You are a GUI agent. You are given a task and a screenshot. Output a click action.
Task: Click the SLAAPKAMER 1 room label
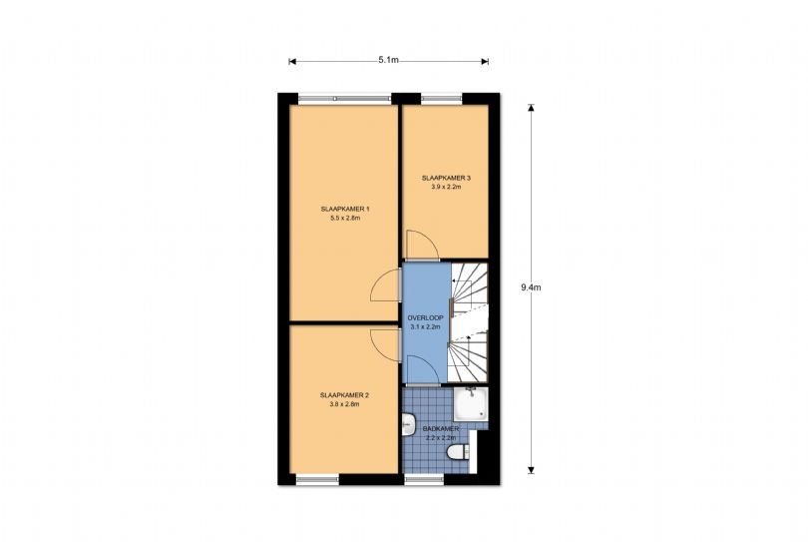pyautogui.click(x=345, y=210)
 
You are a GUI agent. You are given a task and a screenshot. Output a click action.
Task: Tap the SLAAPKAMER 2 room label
pyautogui.click(x=344, y=395)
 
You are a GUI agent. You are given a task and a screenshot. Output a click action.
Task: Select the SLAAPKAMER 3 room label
pyautogui.click(x=446, y=178)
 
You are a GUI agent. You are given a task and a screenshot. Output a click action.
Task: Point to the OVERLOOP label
pyautogui.click(x=425, y=317)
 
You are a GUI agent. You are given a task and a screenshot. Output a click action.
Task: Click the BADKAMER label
pyautogui.click(x=441, y=428)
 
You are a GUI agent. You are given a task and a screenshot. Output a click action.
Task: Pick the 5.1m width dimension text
pyautogui.click(x=389, y=60)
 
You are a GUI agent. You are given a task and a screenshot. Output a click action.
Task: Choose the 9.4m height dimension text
pyautogui.click(x=531, y=287)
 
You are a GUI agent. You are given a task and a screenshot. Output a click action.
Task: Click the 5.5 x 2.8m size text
pyautogui.click(x=345, y=219)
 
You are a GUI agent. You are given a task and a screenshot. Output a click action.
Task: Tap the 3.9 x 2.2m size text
pyautogui.click(x=446, y=187)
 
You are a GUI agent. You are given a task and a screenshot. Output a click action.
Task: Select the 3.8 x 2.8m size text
pyautogui.click(x=344, y=404)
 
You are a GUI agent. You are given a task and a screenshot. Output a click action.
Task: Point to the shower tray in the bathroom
pyautogui.click(x=470, y=404)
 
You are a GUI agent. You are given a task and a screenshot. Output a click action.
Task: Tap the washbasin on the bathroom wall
pyautogui.click(x=408, y=424)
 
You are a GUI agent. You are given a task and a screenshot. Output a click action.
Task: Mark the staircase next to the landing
pyautogui.click(x=469, y=322)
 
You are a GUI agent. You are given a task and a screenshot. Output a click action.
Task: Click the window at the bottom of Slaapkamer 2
pyautogui.click(x=317, y=479)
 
